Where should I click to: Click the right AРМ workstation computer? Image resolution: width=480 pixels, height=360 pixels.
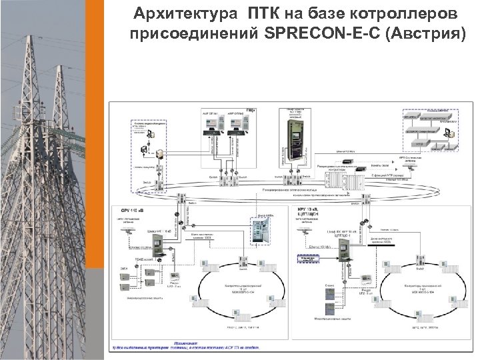pos(233,133)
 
